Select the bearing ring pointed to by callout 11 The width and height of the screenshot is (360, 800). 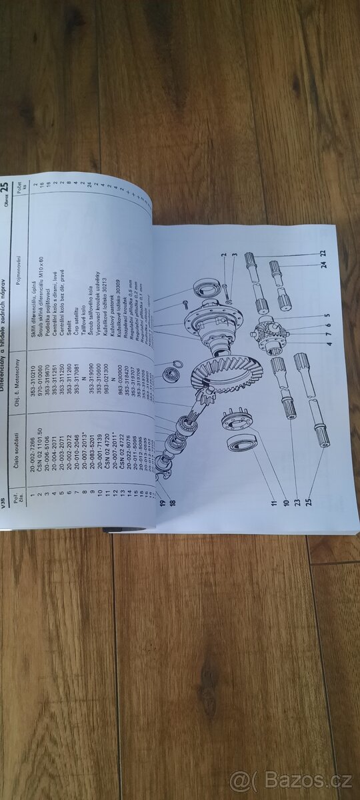click(242, 454)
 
